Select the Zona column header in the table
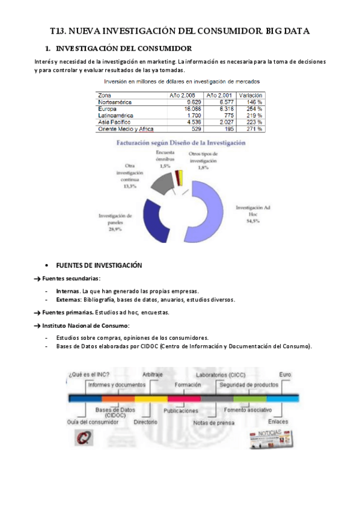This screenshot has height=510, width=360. pyautogui.click(x=105, y=95)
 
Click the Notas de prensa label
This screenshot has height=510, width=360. pyautogui.click(x=213, y=422)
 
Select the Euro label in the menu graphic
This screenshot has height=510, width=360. pyautogui.click(x=285, y=374)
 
